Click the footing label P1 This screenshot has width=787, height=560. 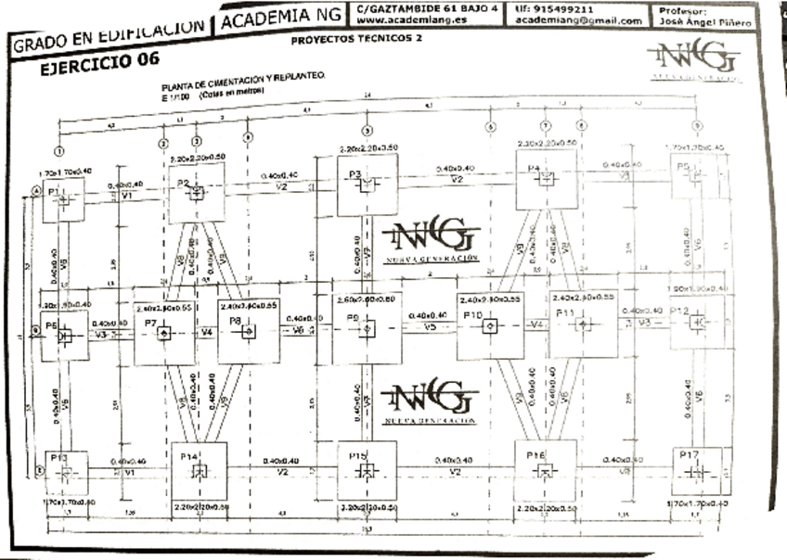pyautogui.click(x=53, y=191)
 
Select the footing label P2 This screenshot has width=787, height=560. pyautogui.click(x=184, y=183)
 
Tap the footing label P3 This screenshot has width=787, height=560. pyautogui.click(x=355, y=174)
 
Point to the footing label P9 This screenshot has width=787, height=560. pyautogui.click(x=353, y=319)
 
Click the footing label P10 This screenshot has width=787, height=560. pyautogui.click(x=473, y=316)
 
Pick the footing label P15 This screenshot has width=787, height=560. pyautogui.click(x=358, y=456)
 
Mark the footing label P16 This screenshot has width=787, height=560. pyautogui.click(x=535, y=455)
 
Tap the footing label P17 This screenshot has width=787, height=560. pyautogui.click(x=688, y=455)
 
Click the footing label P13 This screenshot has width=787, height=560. pyautogui.click(x=58, y=457)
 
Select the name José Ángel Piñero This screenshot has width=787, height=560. pyautogui.click(x=701, y=20)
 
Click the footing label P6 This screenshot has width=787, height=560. pyautogui.click(x=52, y=325)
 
